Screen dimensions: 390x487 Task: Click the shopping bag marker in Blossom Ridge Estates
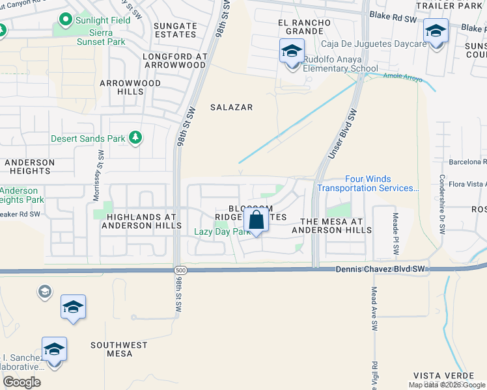point(257,219)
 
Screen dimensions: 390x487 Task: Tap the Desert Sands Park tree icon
point(135,138)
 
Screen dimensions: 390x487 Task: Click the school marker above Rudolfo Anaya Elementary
point(292,49)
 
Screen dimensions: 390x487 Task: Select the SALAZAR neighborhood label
point(231,107)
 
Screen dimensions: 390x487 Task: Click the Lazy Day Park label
point(222,231)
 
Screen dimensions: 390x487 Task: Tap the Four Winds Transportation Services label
point(369,183)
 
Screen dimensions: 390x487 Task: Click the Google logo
point(21,382)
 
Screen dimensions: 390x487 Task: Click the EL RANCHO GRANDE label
point(303,27)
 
